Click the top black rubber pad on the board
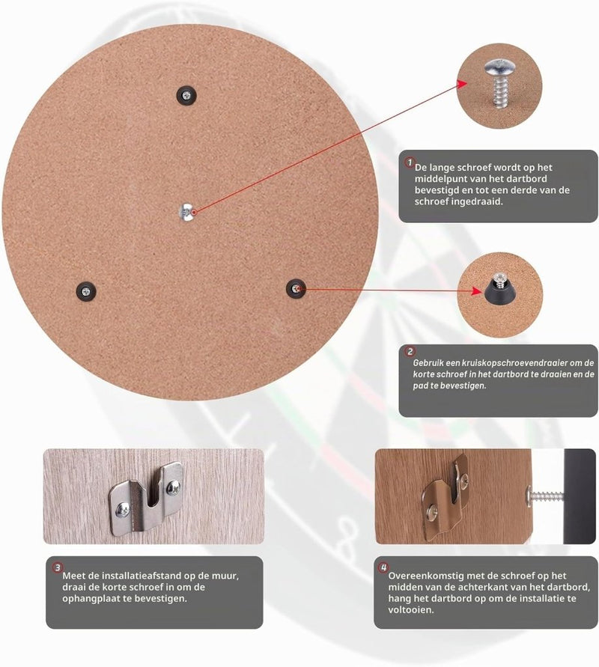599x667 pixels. tap(186, 95)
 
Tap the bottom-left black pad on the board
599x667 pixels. tap(86, 291)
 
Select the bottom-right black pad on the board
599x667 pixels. tap(296, 289)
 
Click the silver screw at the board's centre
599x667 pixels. tap(186, 212)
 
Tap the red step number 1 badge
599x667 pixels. tap(410, 162)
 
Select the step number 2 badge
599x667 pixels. tap(410, 352)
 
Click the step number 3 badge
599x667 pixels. tap(58, 567)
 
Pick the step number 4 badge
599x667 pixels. tap(383, 567)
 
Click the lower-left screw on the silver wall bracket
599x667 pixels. tap(123, 509)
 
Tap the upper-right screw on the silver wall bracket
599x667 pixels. tap(174, 486)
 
